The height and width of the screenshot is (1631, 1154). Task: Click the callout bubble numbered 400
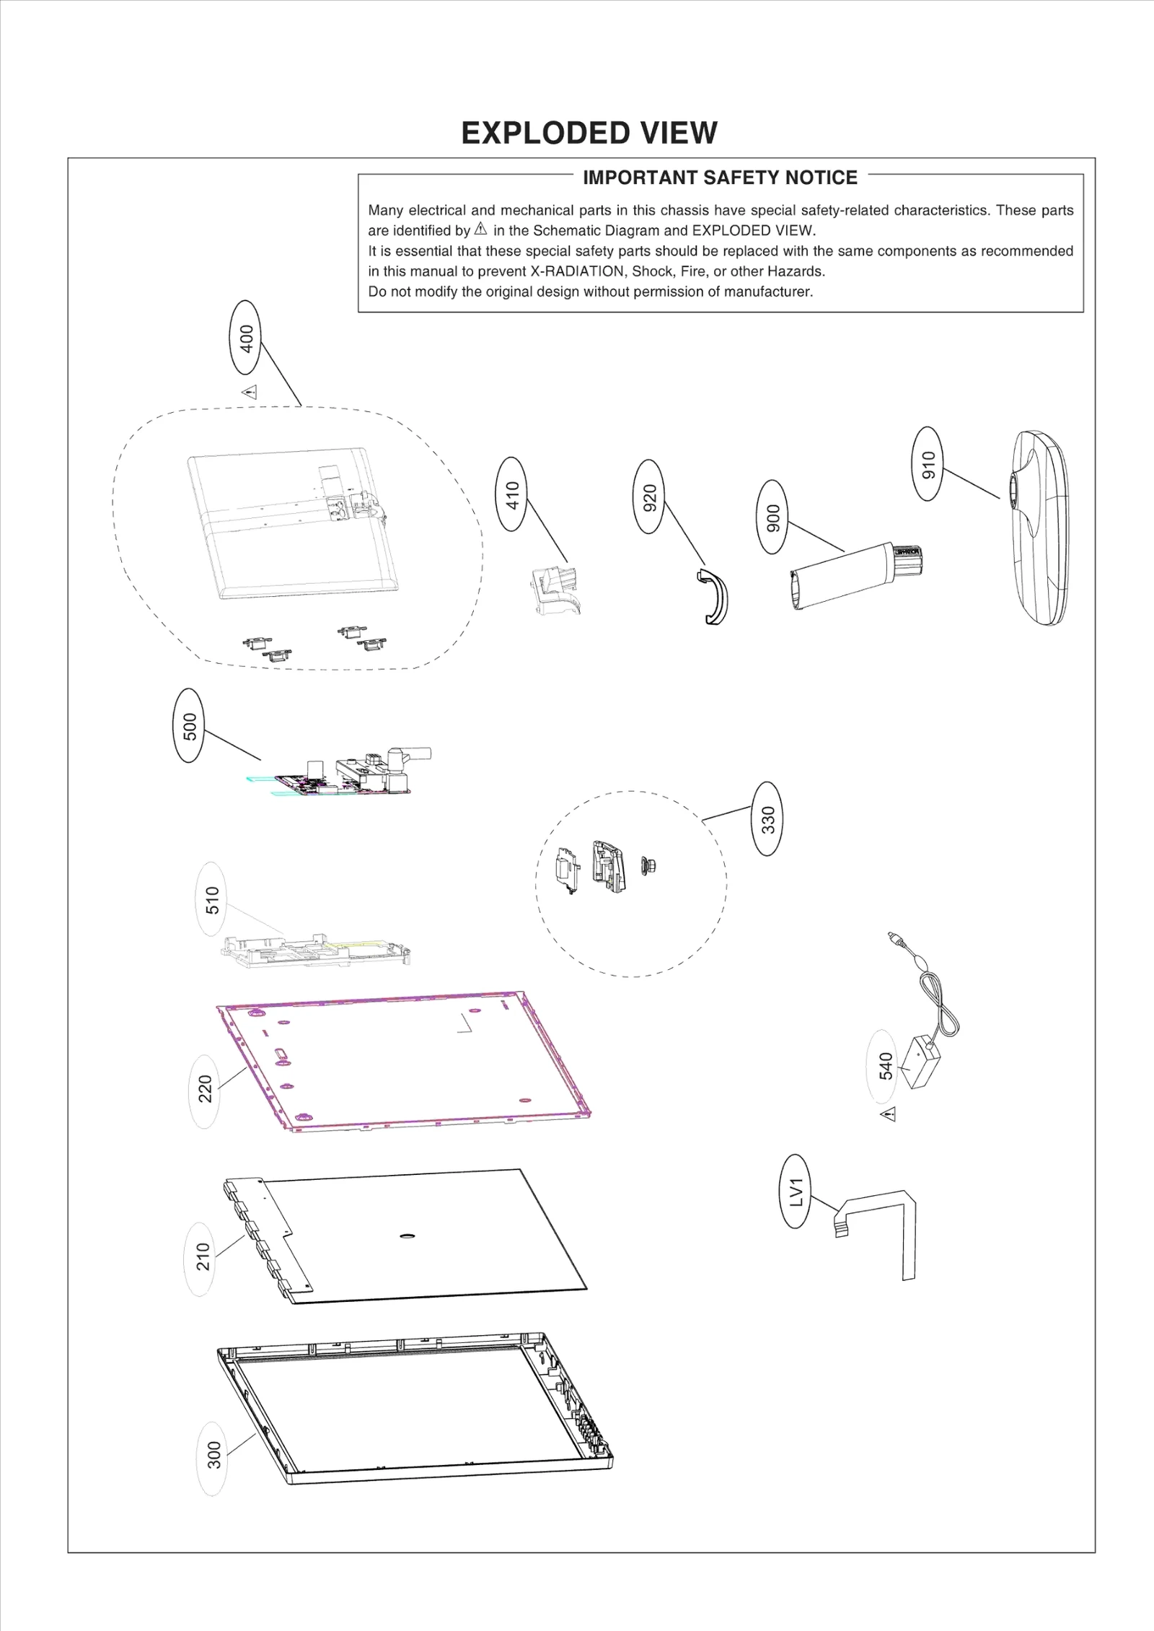(246, 337)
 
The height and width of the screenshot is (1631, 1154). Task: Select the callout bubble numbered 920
(649, 496)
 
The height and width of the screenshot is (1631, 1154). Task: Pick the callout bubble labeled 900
(772, 517)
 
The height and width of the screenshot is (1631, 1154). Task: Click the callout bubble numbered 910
(928, 463)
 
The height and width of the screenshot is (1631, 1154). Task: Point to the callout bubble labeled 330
(767, 818)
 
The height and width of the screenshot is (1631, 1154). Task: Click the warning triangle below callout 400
(250, 393)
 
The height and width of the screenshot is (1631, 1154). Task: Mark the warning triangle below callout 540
(889, 1114)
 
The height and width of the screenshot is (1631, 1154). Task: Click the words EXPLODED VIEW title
(589, 133)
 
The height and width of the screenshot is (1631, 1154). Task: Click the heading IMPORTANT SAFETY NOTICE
(720, 178)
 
